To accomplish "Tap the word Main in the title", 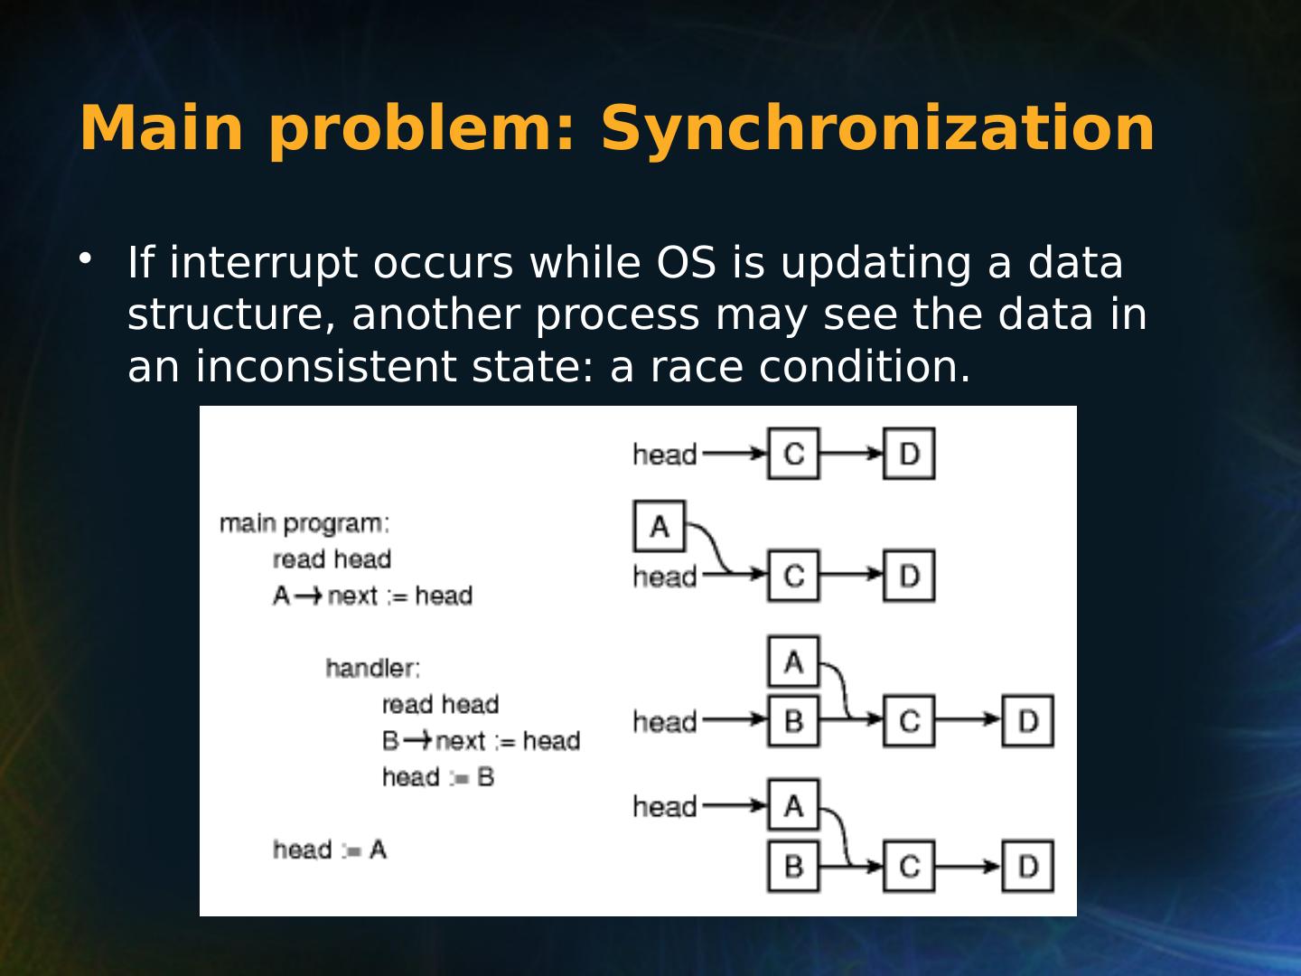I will click(162, 128).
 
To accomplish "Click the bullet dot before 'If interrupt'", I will click(85, 259).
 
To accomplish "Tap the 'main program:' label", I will click(304, 523).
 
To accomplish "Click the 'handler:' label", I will click(372, 668).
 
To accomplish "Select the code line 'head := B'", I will click(438, 777).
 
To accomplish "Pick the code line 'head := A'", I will click(330, 849).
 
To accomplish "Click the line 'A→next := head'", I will click(372, 596).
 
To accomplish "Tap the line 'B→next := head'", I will click(481, 741).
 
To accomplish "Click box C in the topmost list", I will click(793, 454).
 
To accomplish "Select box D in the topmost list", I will click(909, 454).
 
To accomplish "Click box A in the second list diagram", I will click(660, 526).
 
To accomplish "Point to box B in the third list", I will click(793, 721).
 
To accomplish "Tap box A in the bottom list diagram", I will click(793, 805).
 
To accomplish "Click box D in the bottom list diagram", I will click(1027, 866).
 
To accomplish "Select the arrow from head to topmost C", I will click(733, 454).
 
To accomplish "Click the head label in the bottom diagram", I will click(665, 806).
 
